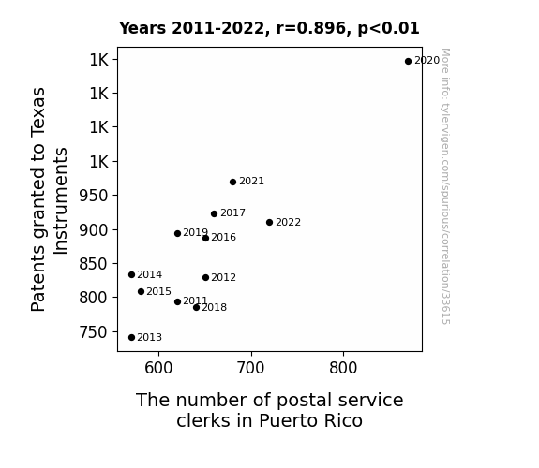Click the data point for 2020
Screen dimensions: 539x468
408,62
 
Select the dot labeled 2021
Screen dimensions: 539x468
232,182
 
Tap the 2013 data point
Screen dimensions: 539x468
131,338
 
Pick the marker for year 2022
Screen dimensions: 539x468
270,223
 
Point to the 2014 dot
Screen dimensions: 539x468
131,274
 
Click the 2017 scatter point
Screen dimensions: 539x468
214,214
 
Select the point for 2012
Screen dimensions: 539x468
205,277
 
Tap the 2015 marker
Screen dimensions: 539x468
141,291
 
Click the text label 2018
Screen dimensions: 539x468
214,307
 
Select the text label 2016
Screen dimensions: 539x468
223,237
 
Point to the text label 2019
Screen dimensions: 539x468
195,232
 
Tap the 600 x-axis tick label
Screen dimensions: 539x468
158,368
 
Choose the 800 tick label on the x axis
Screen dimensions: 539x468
343,368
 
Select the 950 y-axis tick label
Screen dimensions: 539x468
94,196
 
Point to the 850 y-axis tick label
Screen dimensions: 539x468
94,264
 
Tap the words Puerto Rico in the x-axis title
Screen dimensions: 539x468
310,420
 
